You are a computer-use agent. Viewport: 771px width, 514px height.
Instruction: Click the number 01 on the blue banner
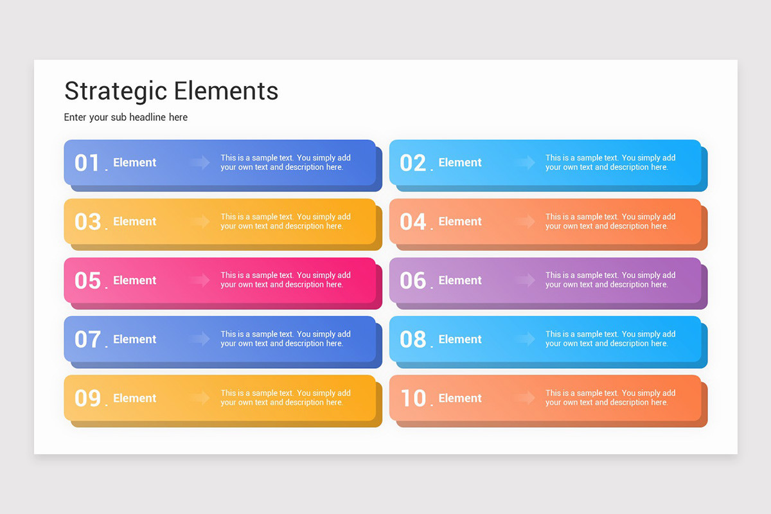point(87,163)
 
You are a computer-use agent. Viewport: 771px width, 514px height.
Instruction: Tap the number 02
point(412,163)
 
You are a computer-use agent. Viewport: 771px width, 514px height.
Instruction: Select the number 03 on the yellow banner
point(87,222)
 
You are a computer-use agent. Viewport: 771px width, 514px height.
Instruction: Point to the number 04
point(412,222)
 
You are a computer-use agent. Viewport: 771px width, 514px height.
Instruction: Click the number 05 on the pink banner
point(87,281)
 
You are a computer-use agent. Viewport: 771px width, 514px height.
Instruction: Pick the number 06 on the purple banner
point(412,281)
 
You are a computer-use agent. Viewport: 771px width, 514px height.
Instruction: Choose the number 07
point(87,339)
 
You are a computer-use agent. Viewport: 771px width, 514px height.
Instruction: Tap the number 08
point(412,339)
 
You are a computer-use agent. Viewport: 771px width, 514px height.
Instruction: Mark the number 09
point(87,398)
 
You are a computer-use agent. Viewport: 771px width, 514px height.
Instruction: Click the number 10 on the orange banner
point(412,398)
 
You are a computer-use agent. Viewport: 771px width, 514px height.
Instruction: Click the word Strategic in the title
point(116,91)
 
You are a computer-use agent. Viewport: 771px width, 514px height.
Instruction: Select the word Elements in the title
point(226,91)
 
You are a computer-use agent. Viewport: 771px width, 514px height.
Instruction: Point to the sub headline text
point(126,117)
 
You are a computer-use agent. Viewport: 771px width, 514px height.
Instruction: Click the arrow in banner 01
point(200,163)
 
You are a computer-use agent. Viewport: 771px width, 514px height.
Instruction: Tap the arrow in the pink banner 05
point(200,280)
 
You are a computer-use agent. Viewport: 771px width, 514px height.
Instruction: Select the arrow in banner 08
point(525,339)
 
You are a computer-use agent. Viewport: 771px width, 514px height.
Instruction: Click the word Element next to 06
point(460,281)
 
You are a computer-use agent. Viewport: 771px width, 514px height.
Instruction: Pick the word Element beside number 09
point(135,398)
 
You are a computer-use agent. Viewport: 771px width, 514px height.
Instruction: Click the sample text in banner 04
point(610,222)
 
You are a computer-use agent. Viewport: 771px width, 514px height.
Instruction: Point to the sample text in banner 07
point(285,339)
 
